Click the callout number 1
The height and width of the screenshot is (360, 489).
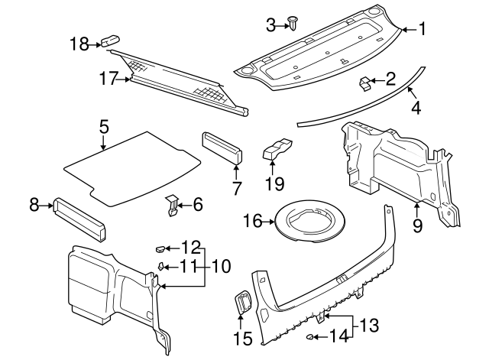pyautogui.click(x=421, y=29)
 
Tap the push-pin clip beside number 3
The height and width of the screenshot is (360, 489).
pyautogui.click(x=293, y=23)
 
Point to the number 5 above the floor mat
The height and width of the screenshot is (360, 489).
pyautogui.click(x=104, y=127)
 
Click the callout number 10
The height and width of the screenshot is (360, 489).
pyautogui.click(x=221, y=266)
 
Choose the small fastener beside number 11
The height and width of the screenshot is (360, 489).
pyautogui.click(x=162, y=266)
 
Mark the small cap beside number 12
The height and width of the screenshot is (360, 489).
pyautogui.click(x=159, y=248)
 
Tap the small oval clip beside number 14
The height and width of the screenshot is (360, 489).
pyautogui.click(x=312, y=336)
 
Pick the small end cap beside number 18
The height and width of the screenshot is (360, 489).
pyautogui.click(x=111, y=42)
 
